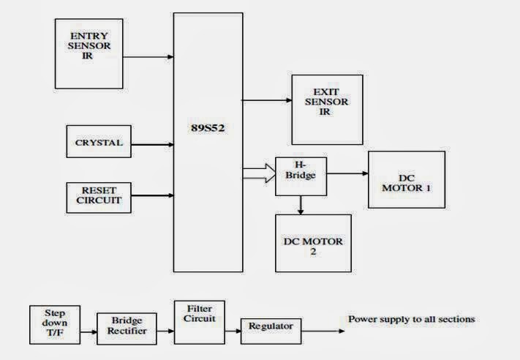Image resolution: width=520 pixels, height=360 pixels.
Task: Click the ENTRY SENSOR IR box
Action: coord(89,53)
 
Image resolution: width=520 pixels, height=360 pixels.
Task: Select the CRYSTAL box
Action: coord(99,141)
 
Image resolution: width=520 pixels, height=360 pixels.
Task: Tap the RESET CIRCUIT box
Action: coord(99,198)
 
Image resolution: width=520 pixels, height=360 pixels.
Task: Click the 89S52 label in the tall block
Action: coord(208,128)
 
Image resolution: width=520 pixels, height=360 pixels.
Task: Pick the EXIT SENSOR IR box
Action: coord(328,110)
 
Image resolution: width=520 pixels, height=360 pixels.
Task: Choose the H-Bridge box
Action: coord(301,176)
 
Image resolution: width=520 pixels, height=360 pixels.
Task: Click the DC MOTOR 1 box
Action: coord(407,180)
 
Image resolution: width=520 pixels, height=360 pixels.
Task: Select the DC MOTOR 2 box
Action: coord(314,243)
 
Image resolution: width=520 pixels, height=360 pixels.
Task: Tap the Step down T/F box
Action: coord(55,325)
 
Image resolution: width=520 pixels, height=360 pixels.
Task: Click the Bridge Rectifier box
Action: coord(127,329)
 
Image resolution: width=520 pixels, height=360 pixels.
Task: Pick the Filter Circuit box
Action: coord(200,322)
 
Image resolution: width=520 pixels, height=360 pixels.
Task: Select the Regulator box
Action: coord(271,331)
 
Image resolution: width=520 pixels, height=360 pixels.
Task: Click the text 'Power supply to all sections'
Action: coord(412,319)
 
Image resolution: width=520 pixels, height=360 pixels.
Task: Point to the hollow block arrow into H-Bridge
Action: coord(260,173)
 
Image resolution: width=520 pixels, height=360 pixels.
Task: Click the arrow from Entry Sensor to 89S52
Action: coord(148,57)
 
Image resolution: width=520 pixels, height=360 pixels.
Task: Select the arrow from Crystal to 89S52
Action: coord(153,145)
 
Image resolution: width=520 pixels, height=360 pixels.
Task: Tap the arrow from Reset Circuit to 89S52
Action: coord(153,195)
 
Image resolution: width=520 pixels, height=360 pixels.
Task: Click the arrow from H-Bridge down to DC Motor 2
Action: coord(301,205)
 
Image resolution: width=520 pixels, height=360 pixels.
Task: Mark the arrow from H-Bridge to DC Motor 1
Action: coord(347,173)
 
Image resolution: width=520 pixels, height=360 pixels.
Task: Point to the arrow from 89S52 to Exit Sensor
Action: coord(267,100)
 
